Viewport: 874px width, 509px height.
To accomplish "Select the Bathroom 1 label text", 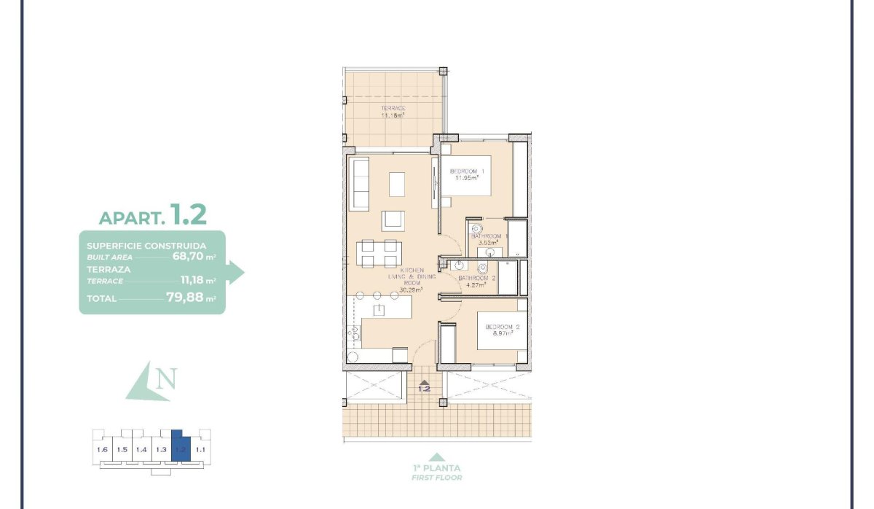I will click(486, 236).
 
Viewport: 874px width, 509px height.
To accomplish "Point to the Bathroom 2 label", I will click(477, 279).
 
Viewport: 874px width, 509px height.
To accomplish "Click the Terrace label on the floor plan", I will click(393, 109).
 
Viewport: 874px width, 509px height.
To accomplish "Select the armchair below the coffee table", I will click(394, 219).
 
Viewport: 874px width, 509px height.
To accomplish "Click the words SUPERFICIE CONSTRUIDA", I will click(146, 246).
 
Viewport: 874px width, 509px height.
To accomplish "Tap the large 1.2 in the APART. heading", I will click(188, 214).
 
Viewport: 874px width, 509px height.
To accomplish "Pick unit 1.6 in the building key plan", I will click(102, 450).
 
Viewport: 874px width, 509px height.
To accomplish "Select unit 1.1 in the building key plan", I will click(201, 450).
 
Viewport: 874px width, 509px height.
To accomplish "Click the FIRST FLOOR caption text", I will click(436, 478).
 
